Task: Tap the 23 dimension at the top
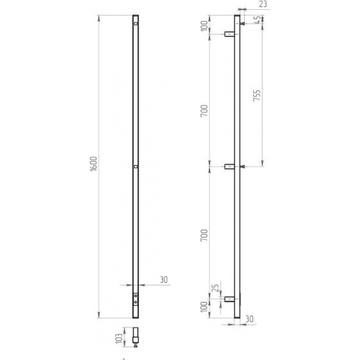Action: point(262,5)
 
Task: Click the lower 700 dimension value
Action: point(205,234)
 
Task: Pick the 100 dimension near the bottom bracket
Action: point(205,308)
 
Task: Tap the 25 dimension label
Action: point(215,290)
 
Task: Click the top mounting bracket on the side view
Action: point(229,34)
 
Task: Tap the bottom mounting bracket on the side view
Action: point(229,300)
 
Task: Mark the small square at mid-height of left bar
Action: point(135,167)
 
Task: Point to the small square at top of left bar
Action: point(135,24)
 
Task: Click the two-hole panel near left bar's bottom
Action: point(135,299)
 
